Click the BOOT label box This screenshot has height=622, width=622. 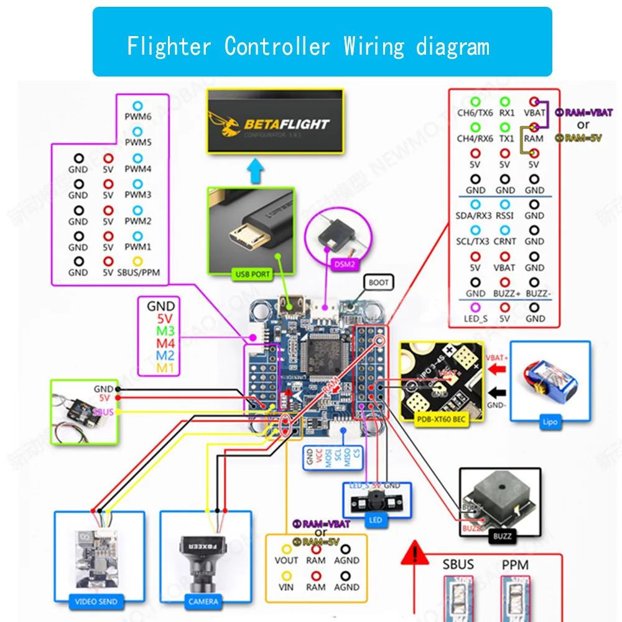(x=378, y=282)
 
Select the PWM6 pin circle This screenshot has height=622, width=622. (x=137, y=106)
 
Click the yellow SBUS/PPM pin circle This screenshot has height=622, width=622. (x=137, y=262)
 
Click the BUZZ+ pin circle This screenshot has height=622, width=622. (x=504, y=282)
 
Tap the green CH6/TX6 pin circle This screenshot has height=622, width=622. (x=475, y=101)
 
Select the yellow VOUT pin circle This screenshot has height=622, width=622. (x=286, y=549)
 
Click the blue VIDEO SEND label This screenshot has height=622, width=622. (x=96, y=601)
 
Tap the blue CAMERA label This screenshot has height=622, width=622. (x=203, y=601)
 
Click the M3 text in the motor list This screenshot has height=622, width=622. (x=165, y=331)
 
